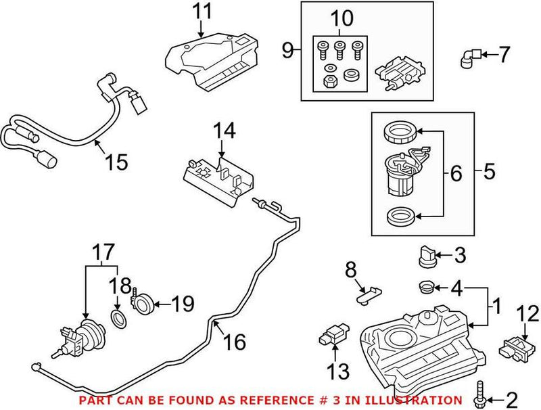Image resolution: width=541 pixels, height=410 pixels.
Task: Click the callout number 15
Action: pyautogui.click(x=116, y=162)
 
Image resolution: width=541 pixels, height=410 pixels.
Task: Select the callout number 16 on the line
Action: pyautogui.click(x=235, y=344)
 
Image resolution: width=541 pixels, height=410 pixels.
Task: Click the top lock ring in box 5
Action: pyautogui.click(x=400, y=132)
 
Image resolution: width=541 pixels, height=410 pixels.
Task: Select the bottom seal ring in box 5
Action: pyautogui.click(x=400, y=217)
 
